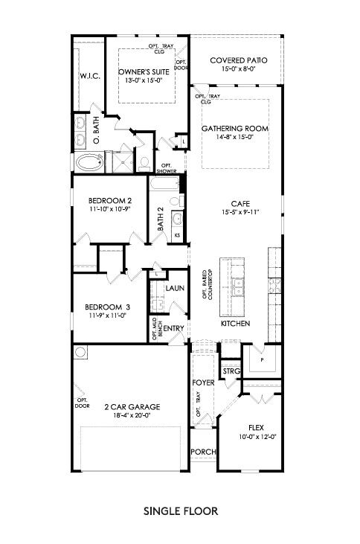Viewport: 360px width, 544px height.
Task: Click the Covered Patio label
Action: [x=238, y=60]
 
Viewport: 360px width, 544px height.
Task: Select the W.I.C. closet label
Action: [x=89, y=76]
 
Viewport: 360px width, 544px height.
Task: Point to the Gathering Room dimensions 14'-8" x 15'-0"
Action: [x=236, y=137]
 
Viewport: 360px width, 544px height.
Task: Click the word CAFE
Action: [x=240, y=202]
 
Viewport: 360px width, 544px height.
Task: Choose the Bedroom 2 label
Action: [x=110, y=200]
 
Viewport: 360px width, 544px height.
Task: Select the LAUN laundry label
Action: [x=175, y=287]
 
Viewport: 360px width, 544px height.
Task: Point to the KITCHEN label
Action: [x=235, y=324]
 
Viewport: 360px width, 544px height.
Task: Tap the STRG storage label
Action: [x=230, y=371]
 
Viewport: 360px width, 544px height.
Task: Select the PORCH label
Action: [x=202, y=452]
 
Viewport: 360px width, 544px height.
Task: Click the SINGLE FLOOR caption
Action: [x=180, y=512]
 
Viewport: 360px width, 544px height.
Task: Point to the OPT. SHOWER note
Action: [x=167, y=167]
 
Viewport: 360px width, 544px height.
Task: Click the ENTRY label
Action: [x=173, y=327]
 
